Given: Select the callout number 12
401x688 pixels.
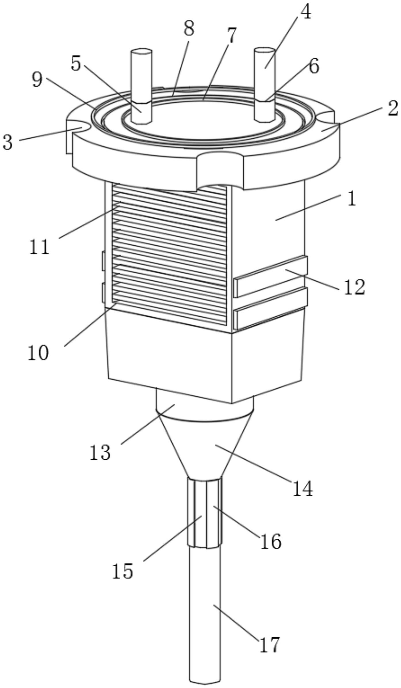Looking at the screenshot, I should (x=354, y=287).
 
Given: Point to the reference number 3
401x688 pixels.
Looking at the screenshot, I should (x=8, y=142).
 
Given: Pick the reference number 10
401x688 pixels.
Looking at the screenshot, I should (x=38, y=353).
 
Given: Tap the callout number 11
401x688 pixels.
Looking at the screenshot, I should (x=39, y=247).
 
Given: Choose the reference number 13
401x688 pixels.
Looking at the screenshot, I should (x=100, y=452).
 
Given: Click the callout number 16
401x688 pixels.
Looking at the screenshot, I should (x=271, y=541).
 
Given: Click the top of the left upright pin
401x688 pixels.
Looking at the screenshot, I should (x=141, y=52).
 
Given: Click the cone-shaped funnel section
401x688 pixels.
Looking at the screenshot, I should (x=205, y=449).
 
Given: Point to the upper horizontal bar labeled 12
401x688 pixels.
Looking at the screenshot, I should (x=270, y=276).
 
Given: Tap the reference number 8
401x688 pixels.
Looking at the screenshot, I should (x=189, y=29).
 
